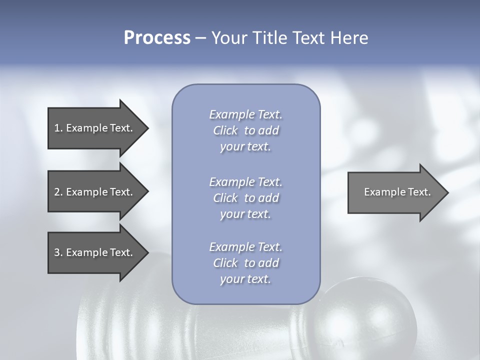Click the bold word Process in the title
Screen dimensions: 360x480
click(x=157, y=38)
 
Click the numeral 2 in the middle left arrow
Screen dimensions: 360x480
click(x=57, y=192)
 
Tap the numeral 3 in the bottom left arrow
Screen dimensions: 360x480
click(x=57, y=252)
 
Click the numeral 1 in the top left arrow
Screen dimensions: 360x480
click(x=57, y=128)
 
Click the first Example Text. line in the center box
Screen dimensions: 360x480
click(x=245, y=114)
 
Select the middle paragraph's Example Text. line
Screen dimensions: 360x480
click(x=245, y=182)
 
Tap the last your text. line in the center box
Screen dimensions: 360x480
click(x=245, y=279)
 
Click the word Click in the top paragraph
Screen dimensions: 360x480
click(x=225, y=130)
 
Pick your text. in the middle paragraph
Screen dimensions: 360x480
click(x=245, y=214)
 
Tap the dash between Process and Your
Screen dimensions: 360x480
click(x=201, y=38)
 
